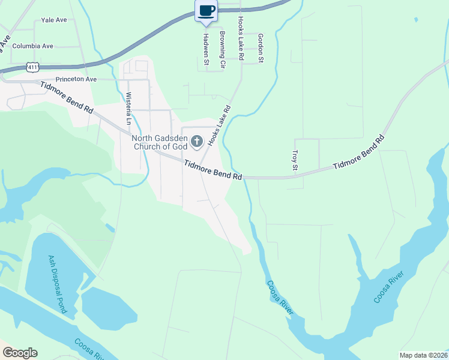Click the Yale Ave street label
click(54, 20)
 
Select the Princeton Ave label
click(76, 79)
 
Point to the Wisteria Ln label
click(128, 108)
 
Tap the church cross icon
click(196, 142)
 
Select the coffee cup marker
click(206, 11)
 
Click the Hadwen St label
click(205, 47)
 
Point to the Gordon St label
click(261, 47)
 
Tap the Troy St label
click(295, 160)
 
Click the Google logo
click(19, 353)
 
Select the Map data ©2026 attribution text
click(424, 355)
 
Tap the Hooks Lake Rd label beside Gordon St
click(241, 38)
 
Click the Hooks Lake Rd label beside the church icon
click(219, 127)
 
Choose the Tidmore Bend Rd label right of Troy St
click(358, 153)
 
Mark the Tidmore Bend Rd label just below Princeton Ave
click(67, 98)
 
